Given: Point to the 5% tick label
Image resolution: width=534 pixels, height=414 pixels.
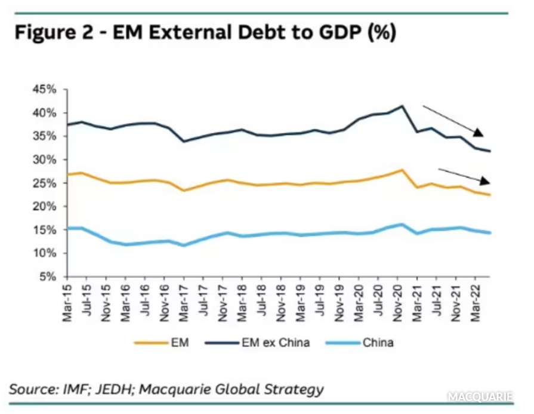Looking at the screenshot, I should [x=48, y=277].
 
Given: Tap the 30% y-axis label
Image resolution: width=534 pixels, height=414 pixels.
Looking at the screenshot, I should [x=46, y=160].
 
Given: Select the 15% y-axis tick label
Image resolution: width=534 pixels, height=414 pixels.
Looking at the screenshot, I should [x=46, y=230].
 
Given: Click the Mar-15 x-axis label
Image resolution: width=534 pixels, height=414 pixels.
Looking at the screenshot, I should [x=67, y=301].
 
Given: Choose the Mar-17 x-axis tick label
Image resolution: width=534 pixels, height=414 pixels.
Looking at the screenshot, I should [x=184, y=301].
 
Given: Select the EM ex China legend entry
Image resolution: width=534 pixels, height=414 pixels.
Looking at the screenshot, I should [x=275, y=343].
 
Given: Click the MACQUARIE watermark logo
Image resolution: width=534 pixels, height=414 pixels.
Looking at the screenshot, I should [x=487, y=397].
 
